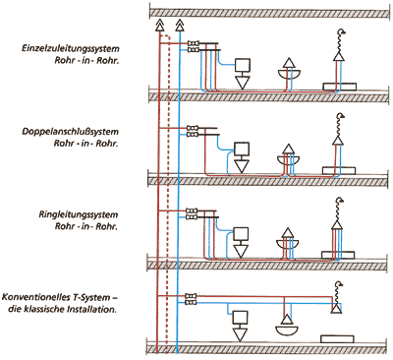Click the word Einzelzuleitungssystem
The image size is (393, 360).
(x=71, y=49)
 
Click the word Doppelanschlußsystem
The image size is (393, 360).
(x=71, y=132)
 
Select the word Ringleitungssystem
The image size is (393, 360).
(x=79, y=215)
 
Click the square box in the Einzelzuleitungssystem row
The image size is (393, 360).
(x=243, y=65)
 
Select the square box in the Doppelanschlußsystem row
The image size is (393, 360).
(x=242, y=149)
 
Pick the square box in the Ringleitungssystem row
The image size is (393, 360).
(x=241, y=234)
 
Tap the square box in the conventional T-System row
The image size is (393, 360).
(x=240, y=318)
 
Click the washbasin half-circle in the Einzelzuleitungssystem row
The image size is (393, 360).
(x=289, y=74)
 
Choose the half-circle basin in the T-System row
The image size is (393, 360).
(x=287, y=330)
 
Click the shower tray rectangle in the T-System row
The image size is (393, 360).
(x=337, y=339)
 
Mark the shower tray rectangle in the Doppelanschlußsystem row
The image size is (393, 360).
(x=339, y=171)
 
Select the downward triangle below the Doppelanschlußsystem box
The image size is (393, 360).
(x=242, y=166)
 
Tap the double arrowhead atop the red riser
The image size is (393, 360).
(x=159, y=25)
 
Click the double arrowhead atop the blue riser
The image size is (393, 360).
(x=179, y=25)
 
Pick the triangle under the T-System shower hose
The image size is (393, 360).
(x=336, y=309)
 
